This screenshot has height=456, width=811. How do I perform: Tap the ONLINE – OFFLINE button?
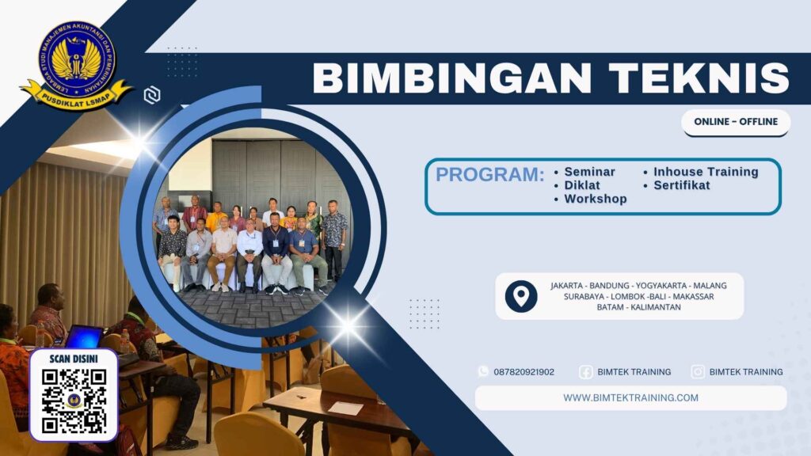(735, 122)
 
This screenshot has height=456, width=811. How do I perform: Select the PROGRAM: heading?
(489, 175)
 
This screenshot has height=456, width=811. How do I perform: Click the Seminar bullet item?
(588, 172)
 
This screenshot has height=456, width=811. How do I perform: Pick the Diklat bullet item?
(581, 185)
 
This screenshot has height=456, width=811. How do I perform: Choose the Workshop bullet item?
(595, 199)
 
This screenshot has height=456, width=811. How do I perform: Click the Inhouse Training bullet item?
(705, 172)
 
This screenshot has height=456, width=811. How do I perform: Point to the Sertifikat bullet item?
(681, 185)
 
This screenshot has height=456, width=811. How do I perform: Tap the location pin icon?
(520, 296)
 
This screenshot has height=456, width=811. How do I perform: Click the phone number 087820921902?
(524, 371)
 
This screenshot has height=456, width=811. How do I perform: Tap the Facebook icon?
(585, 371)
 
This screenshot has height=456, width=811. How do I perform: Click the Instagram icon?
(698, 371)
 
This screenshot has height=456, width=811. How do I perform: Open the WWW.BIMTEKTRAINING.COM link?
(630, 397)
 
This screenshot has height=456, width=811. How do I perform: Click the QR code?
(74, 401)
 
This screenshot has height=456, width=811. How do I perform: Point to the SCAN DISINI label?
(74, 358)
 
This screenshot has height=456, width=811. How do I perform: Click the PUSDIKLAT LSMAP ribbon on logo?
(77, 97)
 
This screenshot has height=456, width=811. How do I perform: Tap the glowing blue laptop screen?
(83, 336)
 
